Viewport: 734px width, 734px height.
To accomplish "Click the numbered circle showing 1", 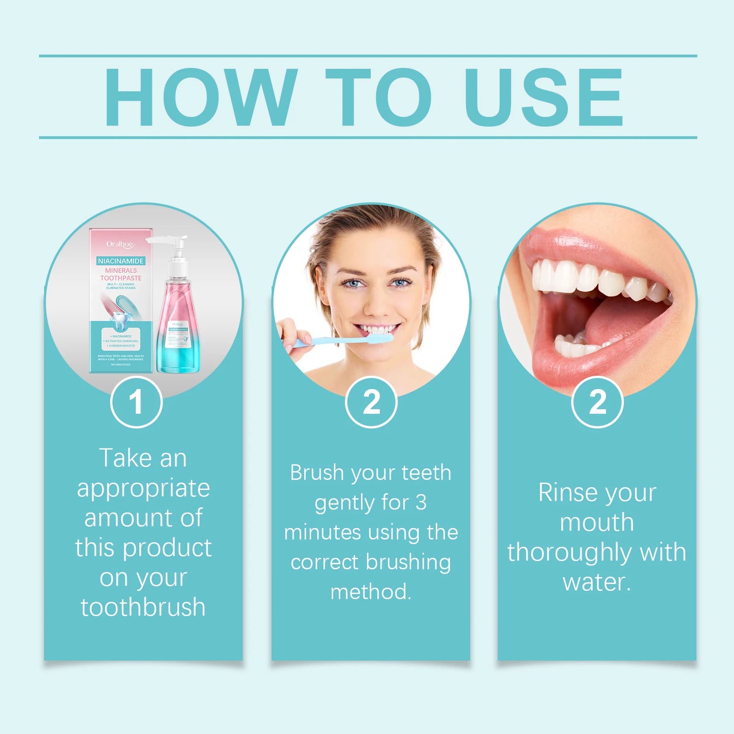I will (x=136, y=402).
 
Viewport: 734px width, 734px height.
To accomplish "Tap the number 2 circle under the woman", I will (x=371, y=402).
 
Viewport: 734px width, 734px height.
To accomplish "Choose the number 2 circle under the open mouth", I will (x=597, y=402).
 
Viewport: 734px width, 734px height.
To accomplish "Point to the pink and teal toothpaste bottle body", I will (x=178, y=330).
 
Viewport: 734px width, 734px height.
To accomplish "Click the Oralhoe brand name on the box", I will (x=120, y=244).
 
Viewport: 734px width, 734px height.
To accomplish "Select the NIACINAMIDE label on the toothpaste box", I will (x=121, y=261).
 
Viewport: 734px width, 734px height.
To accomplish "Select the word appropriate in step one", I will (x=143, y=488).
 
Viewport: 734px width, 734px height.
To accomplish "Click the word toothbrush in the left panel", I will (x=143, y=608).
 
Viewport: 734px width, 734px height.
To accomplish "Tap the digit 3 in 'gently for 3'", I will (x=421, y=503).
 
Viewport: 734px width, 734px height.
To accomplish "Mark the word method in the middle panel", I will (x=370, y=592).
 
